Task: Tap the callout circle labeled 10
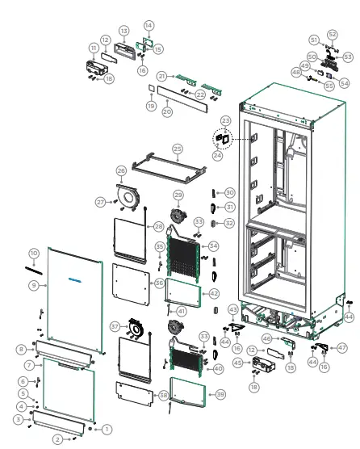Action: (x=34, y=253)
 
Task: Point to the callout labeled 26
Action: (x=121, y=171)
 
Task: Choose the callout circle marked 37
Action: (x=115, y=326)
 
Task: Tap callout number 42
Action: (x=214, y=293)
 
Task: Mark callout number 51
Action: (x=314, y=40)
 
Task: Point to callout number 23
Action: (x=225, y=120)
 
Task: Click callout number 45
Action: (x=238, y=363)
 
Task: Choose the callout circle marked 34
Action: (x=213, y=245)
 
